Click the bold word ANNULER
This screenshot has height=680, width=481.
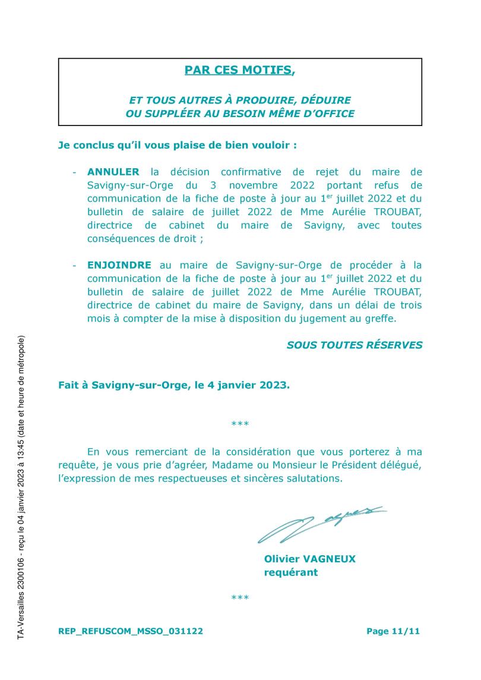pos(113,172)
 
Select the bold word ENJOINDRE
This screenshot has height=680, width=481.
pos(119,265)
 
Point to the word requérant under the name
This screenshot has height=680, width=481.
pos(290,572)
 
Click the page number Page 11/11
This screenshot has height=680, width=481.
pos(393,632)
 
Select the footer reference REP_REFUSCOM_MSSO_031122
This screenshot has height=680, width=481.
pos(131,632)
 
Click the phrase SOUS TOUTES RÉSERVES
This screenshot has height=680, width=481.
pos(355,345)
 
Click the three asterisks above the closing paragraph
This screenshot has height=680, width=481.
pos(240,424)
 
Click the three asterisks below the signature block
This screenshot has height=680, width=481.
pos(240,597)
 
